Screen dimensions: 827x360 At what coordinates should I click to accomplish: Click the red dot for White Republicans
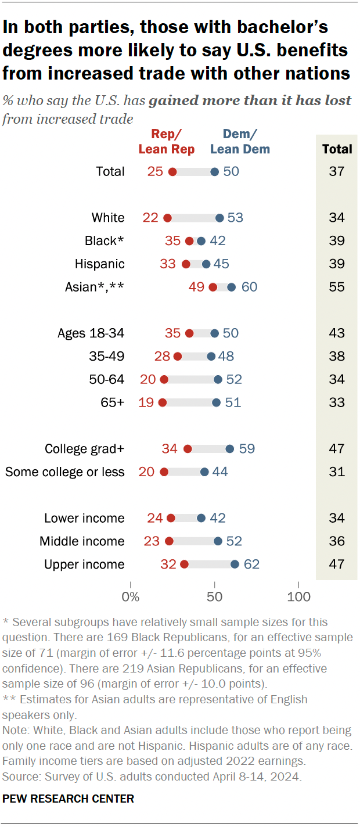click(x=168, y=218)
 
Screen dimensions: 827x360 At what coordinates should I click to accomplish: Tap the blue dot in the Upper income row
click(x=235, y=564)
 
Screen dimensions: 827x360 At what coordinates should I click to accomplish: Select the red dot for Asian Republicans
click(x=213, y=287)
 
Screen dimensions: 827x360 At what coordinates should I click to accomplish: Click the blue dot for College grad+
click(x=229, y=448)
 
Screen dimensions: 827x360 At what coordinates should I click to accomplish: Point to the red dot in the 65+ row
click(x=163, y=402)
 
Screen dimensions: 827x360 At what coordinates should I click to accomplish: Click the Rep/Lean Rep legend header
click(x=166, y=142)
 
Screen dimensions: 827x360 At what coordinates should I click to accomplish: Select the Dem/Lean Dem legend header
click(x=240, y=142)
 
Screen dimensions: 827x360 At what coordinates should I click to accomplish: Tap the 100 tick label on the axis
click(x=298, y=596)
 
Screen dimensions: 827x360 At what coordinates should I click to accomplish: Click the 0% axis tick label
click(x=131, y=596)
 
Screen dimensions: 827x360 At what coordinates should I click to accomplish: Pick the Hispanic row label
click(x=100, y=264)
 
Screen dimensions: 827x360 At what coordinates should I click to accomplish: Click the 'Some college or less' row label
click(x=65, y=472)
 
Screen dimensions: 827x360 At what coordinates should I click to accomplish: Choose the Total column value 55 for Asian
click(x=337, y=287)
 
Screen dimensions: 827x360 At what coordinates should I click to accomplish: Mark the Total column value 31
click(x=337, y=472)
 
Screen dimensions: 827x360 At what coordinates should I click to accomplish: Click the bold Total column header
click(x=337, y=149)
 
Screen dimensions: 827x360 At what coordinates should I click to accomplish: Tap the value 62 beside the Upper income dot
click(x=251, y=564)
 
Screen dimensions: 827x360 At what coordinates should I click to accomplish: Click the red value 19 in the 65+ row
click(x=146, y=402)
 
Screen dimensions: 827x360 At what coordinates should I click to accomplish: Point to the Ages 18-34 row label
click(x=91, y=333)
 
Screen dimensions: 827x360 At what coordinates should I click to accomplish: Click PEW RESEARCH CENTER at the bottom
click(x=69, y=799)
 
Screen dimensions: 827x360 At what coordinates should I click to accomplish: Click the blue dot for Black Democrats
click(x=201, y=241)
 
